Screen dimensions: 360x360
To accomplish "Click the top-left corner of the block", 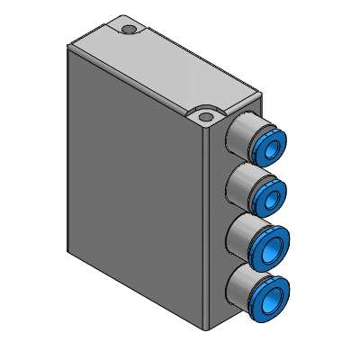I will click(x=68, y=47).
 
